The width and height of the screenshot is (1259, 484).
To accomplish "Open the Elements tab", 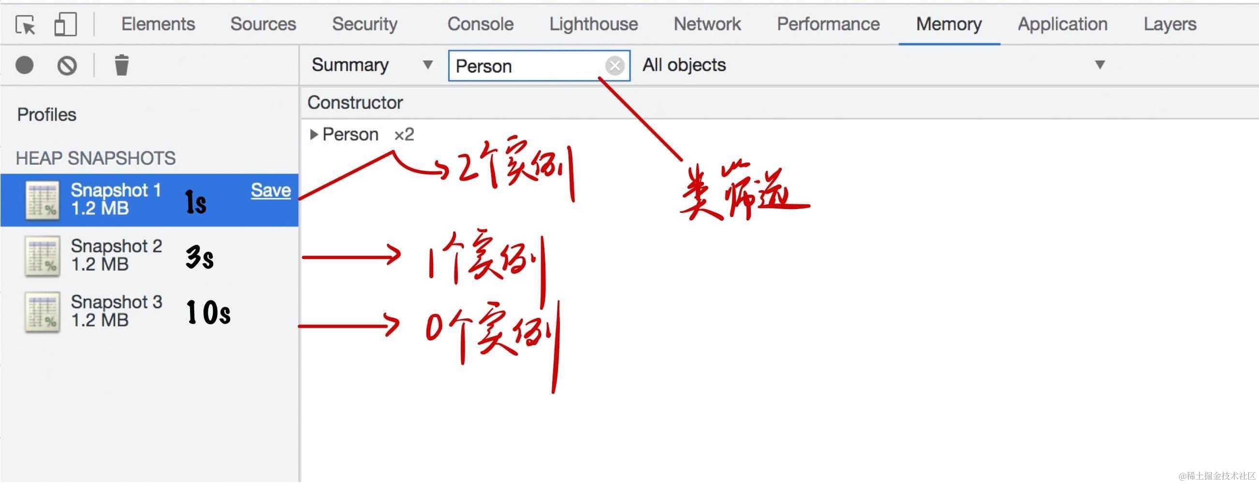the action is pyautogui.click(x=158, y=24).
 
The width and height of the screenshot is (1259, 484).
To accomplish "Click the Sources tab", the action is pyautogui.click(x=263, y=24).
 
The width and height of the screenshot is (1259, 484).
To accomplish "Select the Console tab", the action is pyautogui.click(x=480, y=24).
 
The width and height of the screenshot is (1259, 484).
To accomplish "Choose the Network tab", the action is pyautogui.click(x=707, y=24).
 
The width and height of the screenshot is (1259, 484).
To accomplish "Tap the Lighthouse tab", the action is pyautogui.click(x=593, y=24).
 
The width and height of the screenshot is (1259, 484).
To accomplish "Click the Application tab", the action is pyautogui.click(x=1062, y=24).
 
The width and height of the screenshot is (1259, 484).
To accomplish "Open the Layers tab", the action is pyautogui.click(x=1170, y=24).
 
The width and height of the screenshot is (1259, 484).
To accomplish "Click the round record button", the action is pyautogui.click(x=25, y=65).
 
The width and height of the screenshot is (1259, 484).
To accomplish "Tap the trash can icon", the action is pyautogui.click(x=121, y=65).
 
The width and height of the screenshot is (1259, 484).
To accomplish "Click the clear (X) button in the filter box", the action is pyautogui.click(x=615, y=65).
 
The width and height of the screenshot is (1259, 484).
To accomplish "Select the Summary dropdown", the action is pyautogui.click(x=371, y=65).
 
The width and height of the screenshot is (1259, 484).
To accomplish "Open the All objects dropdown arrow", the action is pyautogui.click(x=1099, y=65).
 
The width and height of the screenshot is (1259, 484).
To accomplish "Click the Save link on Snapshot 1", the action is pyautogui.click(x=270, y=190).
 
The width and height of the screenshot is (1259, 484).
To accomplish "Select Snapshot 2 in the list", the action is pyautogui.click(x=117, y=255).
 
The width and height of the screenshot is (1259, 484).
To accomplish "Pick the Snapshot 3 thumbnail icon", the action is pyautogui.click(x=43, y=311).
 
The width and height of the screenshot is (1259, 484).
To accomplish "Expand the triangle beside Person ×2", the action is pyautogui.click(x=314, y=135).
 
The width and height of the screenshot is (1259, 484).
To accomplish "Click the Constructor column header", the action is pyautogui.click(x=355, y=103).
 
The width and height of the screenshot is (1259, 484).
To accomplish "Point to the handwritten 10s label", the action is pyautogui.click(x=208, y=312).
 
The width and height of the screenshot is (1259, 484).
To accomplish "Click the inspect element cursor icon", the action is pyautogui.click(x=25, y=25).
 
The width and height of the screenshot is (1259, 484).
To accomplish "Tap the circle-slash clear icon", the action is pyautogui.click(x=67, y=65).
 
